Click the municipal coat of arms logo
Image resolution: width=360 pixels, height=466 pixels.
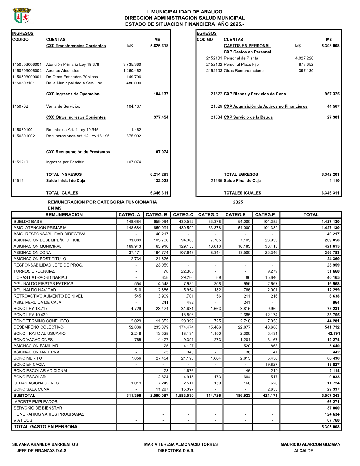(22, 16)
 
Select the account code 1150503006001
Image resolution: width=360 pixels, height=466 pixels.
(27, 64)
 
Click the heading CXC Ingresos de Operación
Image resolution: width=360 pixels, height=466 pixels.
(73, 94)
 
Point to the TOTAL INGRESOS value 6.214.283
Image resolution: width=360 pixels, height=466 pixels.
(159, 174)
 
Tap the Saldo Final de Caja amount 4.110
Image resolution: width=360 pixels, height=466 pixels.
(334, 181)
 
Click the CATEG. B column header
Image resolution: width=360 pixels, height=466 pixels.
(157, 215)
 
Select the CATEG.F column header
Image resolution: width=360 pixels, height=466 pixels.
(265, 215)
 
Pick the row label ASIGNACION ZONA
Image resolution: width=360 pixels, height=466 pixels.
(32, 253)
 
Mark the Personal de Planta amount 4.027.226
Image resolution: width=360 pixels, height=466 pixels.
(304, 58)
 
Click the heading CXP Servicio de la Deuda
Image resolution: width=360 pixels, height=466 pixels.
(248, 117)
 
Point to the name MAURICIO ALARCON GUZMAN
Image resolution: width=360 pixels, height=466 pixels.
(310, 444)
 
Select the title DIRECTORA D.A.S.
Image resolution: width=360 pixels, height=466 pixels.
(176, 451)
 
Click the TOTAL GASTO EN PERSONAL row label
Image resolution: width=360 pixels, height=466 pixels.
(47, 427)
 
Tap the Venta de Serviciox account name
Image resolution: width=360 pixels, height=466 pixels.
(63, 106)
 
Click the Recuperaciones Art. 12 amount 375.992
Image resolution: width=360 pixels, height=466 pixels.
(134, 136)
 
